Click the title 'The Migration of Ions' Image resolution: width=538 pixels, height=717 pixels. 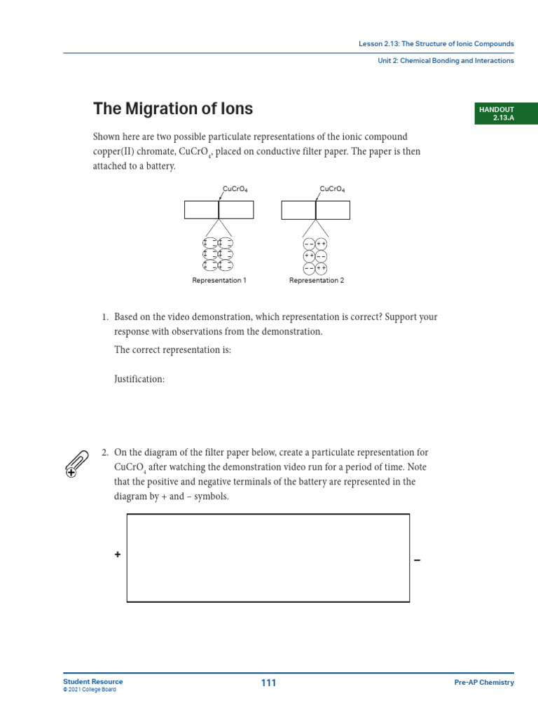pos(173,109)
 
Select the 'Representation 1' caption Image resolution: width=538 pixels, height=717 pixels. pos(219,281)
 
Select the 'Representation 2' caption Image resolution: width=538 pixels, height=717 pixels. pos(317,281)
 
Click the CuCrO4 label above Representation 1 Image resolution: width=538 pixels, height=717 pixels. pos(235,189)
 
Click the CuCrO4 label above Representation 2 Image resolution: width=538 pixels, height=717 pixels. pos(332,189)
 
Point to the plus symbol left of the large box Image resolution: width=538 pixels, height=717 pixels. pos(118,555)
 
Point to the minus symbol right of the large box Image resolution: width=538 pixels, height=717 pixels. pos(418,559)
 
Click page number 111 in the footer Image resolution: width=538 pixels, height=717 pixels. pos(268,683)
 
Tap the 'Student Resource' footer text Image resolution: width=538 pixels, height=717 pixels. pos(92,681)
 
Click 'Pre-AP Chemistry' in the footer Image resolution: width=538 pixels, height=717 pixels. pos(483,683)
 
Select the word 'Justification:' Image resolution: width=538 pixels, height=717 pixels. pos(139,379)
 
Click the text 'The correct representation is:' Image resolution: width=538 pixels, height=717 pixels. pos(172,350)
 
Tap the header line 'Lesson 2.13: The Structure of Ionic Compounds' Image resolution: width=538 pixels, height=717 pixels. pos(436,43)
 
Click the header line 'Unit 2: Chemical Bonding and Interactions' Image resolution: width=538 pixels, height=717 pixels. pos(445,61)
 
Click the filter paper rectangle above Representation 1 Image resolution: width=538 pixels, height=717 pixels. pos(219,210)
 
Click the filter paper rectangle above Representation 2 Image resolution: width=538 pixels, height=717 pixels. pos(316,210)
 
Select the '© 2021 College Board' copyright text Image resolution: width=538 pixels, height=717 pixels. pos(90,690)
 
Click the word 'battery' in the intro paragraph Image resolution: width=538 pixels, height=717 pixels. pos(159,167)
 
